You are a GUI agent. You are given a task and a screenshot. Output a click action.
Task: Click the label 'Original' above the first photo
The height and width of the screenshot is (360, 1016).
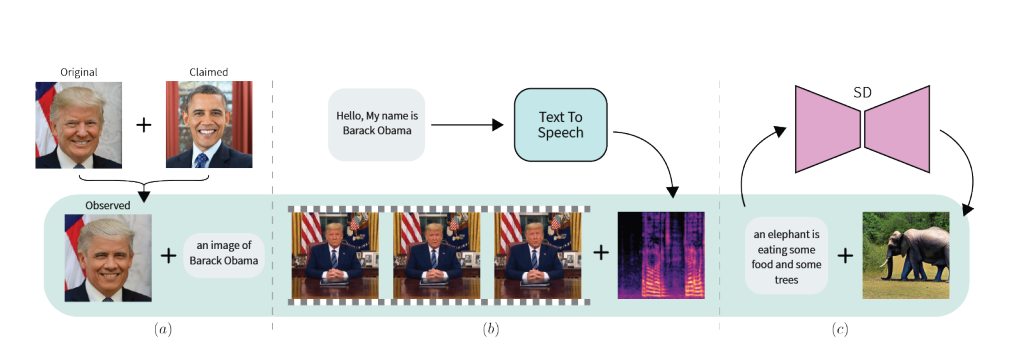[x=79, y=72]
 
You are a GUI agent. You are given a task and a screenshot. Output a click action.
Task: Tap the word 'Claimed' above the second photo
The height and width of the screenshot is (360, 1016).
[x=209, y=72]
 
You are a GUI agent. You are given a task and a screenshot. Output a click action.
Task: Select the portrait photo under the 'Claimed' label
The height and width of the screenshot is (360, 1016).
[x=209, y=124]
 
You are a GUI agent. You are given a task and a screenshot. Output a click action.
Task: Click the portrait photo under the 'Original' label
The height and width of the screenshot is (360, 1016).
[x=79, y=124]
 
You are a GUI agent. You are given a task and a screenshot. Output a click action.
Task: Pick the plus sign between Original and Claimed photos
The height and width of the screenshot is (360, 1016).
[x=144, y=125]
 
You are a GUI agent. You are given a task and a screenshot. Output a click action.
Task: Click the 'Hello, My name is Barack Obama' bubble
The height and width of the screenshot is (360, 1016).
[x=376, y=124]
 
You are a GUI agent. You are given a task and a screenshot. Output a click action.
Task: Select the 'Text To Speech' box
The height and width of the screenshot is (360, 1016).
[x=559, y=124]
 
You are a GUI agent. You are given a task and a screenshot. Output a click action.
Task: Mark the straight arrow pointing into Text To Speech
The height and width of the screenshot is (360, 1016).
[x=469, y=125]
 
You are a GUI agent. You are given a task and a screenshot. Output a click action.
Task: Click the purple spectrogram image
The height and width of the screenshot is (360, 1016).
[x=661, y=255]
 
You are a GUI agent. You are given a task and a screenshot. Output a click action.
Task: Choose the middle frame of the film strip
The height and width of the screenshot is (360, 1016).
[x=438, y=255]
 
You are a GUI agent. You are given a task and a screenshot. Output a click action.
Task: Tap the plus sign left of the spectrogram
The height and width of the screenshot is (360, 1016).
[x=601, y=254]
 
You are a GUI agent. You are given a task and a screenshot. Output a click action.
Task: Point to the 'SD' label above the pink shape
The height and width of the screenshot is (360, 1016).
[x=862, y=93]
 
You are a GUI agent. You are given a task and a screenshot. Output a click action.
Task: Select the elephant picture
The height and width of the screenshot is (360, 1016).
[x=905, y=255]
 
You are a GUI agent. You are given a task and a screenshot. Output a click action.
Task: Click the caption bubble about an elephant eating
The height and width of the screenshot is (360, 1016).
[x=786, y=255]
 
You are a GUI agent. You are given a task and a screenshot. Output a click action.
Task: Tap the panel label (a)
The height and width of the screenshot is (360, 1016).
[x=159, y=329]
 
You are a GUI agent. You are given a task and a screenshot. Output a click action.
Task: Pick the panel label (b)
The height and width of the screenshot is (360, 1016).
[x=492, y=329]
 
